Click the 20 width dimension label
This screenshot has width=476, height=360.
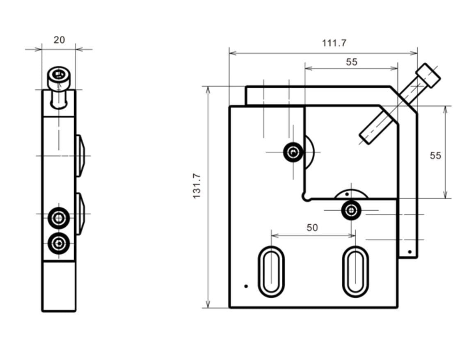click(x=59, y=40)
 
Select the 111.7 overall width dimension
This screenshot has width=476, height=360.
click(x=334, y=43)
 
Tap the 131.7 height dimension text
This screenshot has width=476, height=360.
click(x=197, y=186)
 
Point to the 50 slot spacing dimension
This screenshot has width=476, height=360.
click(x=312, y=228)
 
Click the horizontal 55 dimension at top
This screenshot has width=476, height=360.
click(x=351, y=62)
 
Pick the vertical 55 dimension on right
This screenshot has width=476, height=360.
click(x=435, y=155)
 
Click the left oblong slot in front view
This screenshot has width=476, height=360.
click(x=271, y=271)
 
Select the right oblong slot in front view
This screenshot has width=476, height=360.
click(x=355, y=271)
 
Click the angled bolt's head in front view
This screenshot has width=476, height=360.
click(x=428, y=75)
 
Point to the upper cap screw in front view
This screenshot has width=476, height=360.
click(x=293, y=153)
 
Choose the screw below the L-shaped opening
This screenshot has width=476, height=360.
click(x=351, y=210)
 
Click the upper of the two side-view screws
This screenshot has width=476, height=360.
click(x=59, y=218)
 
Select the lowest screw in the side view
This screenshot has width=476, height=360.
click(x=59, y=244)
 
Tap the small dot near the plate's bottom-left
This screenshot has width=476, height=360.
click(x=246, y=286)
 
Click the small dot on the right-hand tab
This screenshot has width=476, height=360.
click(x=409, y=252)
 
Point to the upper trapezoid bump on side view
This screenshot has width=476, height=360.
click(x=80, y=156)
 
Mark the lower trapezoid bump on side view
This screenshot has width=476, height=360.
click(x=80, y=214)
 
